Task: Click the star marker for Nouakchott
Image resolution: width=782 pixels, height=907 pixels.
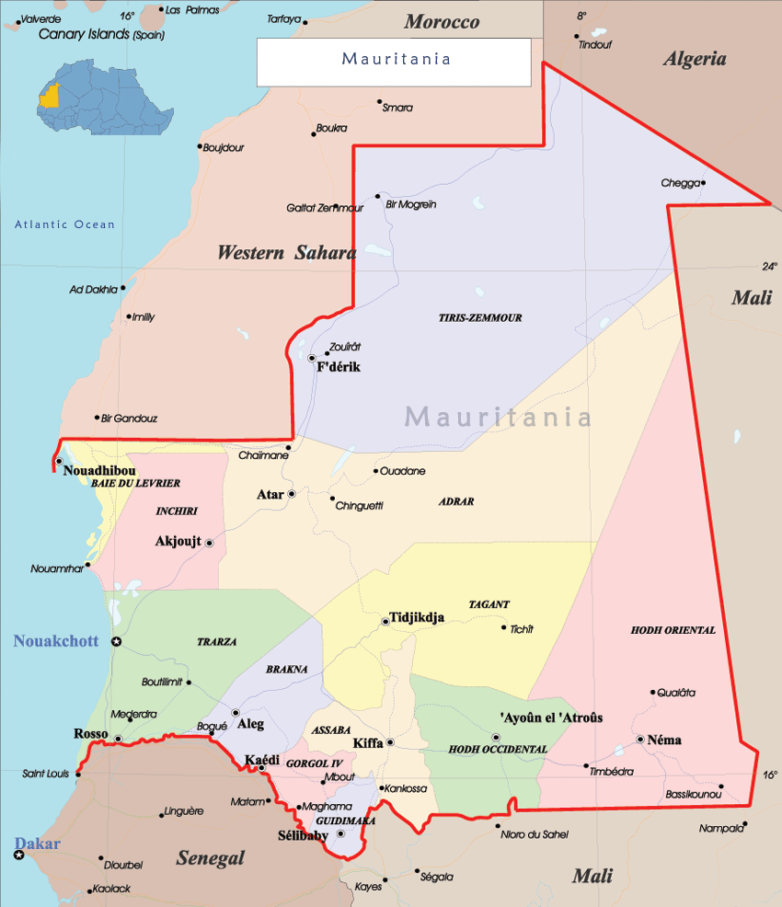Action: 117,641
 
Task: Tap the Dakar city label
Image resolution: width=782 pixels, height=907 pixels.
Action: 37,844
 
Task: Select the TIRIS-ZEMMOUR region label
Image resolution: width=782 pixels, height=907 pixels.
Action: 479,317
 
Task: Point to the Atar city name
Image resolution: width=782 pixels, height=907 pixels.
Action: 270,495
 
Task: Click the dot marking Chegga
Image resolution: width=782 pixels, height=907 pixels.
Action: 704,182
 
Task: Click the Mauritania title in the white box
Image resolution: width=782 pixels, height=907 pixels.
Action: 396,60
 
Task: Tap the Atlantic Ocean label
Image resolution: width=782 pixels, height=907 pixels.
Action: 64,224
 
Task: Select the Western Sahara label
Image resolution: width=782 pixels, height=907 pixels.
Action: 286,253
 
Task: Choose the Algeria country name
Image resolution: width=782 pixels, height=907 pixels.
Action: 695,59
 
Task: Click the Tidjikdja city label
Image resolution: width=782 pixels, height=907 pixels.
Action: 417,617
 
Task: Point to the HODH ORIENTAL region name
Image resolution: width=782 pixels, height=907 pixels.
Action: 673,630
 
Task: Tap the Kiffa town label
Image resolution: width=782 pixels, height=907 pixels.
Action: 368,742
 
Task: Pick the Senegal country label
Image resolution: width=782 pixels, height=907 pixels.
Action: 211,857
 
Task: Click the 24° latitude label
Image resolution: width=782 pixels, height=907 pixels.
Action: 769,267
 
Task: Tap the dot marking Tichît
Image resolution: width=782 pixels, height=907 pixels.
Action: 503,628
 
